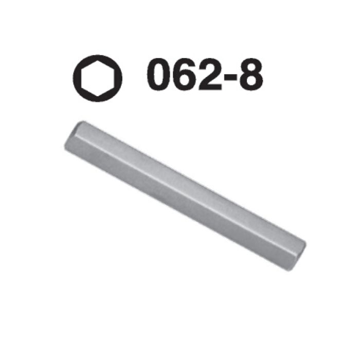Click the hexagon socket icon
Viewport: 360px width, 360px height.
98,78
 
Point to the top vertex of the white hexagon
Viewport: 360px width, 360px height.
98,61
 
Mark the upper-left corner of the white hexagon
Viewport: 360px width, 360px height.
82,69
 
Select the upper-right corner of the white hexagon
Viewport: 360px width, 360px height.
113,69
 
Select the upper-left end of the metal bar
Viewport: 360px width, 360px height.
72,138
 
